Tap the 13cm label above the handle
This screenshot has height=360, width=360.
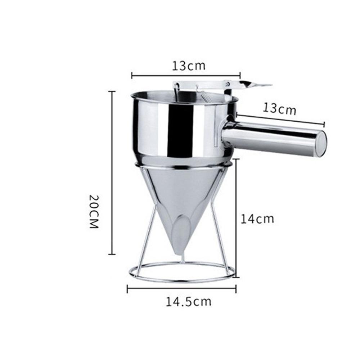279,109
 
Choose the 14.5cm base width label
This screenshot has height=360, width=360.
188,301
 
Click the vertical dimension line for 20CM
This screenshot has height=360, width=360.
112,173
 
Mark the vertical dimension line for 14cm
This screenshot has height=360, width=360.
236,218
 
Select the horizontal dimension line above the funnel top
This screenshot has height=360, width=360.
186,75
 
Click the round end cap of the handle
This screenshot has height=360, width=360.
321,144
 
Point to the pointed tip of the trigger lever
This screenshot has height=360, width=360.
268,85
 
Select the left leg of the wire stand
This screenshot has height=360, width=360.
148,230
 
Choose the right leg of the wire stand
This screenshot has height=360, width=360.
218,230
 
